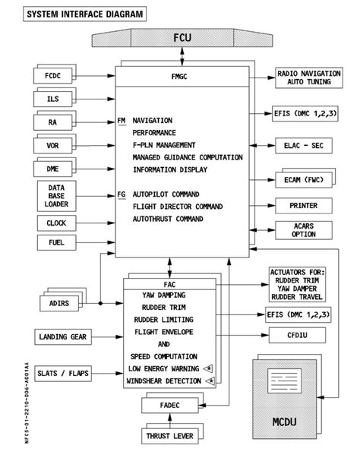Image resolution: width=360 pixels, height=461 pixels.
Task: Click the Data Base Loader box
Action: point(55,195)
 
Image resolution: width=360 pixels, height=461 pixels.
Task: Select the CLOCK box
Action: point(55,223)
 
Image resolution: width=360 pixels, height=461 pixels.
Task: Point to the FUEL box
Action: point(55,243)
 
